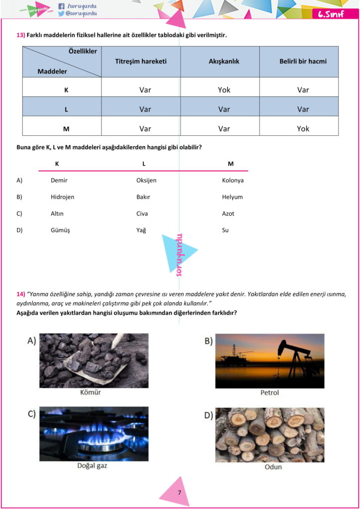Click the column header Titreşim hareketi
pyautogui.click(x=141, y=62)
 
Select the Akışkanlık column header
pyautogui.click(x=224, y=62)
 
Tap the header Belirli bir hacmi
pyautogui.click(x=303, y=62)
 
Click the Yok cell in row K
pyautogui.click(x=224, y=90)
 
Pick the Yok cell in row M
pyautogui.click(x=303, y=128)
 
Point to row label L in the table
pyautogui.click(x=66, y=109)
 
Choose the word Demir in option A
pyautogui.click(x=59, y=180)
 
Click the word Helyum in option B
pyautogui.click(x=232, y=197)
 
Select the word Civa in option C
pyautogui.click(x=142, y=214)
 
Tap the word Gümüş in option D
pyautogui.click(x=60, y=230)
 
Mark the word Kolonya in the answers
pyautogui.click(x=233, y=180)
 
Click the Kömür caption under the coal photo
pyautogui.click(x=90, y=392)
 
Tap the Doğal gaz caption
pyautogui.click(x=92, y=466)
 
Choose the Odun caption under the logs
pyautogui.click(x=273, y=467)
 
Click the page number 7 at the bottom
pyautogui.click(x=180, y=493)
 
